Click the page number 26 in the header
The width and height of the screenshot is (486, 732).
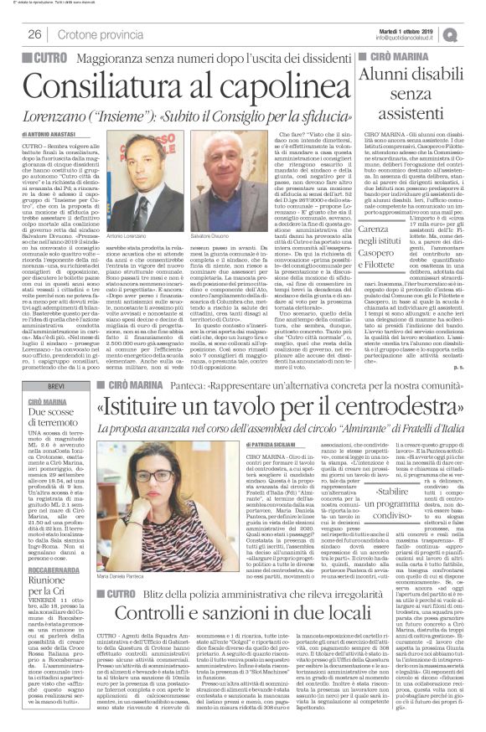(35, 34)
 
